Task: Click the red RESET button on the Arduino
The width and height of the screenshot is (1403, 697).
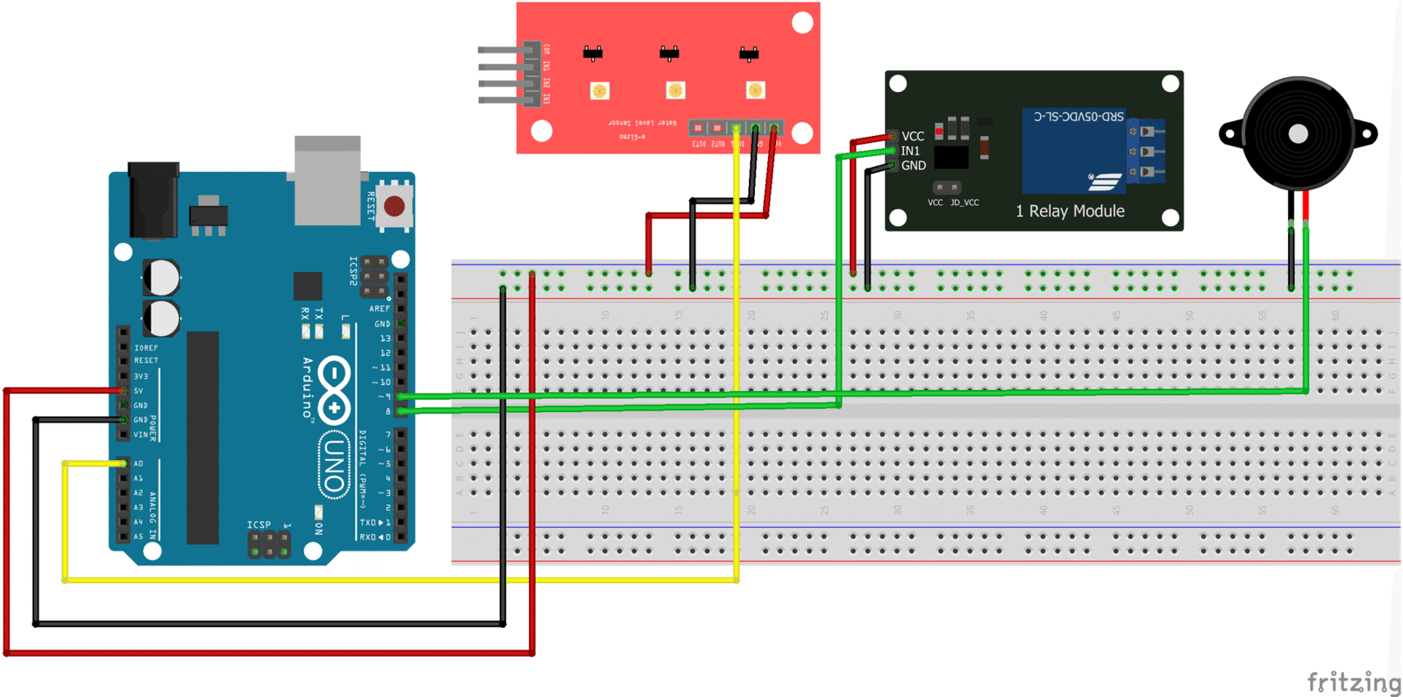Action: coord(394,207)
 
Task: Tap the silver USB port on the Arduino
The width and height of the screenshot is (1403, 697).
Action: coord(327,181)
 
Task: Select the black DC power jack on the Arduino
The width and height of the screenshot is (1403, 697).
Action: coord(153,200)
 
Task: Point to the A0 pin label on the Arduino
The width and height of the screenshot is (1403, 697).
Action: coord(139,464)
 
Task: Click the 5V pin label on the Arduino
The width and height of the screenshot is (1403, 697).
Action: coord(139,391)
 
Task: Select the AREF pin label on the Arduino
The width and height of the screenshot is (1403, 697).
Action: coord(379,309)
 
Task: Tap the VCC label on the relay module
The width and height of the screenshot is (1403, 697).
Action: coord(913,137)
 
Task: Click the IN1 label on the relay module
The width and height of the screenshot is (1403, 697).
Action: coord(910,151)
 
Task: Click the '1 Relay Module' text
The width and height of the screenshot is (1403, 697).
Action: coord(1070,211)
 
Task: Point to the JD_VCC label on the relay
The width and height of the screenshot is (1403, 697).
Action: coord(965,203)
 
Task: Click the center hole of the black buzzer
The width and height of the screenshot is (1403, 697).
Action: coord(1299,134)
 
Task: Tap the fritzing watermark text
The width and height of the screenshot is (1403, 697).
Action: coord(1354,681)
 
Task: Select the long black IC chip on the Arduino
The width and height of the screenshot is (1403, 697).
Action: coord(203,437)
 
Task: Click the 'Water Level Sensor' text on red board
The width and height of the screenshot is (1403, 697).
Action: coord(643,123)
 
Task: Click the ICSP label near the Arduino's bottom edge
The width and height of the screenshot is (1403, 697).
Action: coord(259,525)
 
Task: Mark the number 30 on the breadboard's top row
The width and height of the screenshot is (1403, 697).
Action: coord(897,316)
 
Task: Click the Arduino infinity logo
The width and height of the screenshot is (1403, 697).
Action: coord(334,389)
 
